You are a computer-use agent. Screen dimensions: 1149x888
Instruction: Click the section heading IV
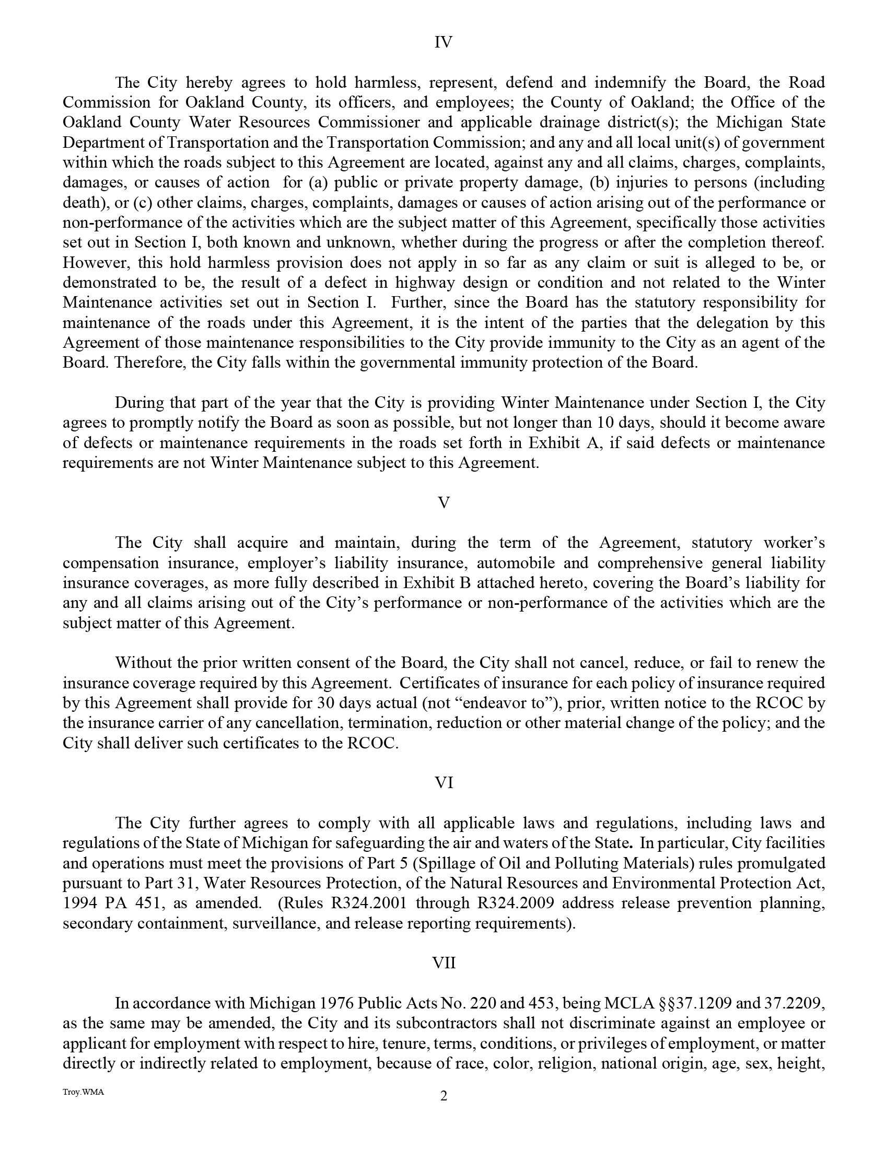click(x=443, y=42)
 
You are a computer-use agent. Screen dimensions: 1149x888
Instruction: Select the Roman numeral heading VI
click(x=443, y=783)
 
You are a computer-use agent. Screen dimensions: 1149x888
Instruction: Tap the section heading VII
click(x=443, y=963)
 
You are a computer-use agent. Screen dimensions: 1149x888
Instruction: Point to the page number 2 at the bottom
click(x=443, y=1096)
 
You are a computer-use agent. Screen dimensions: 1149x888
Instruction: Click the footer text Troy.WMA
click(x=83, y=1092)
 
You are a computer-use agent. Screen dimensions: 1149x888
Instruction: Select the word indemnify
click(x=630, y=83)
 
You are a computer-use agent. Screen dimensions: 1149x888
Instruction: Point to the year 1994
click(x=79, y=903)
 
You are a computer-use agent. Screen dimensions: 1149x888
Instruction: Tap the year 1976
click(x=335, y=1003)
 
